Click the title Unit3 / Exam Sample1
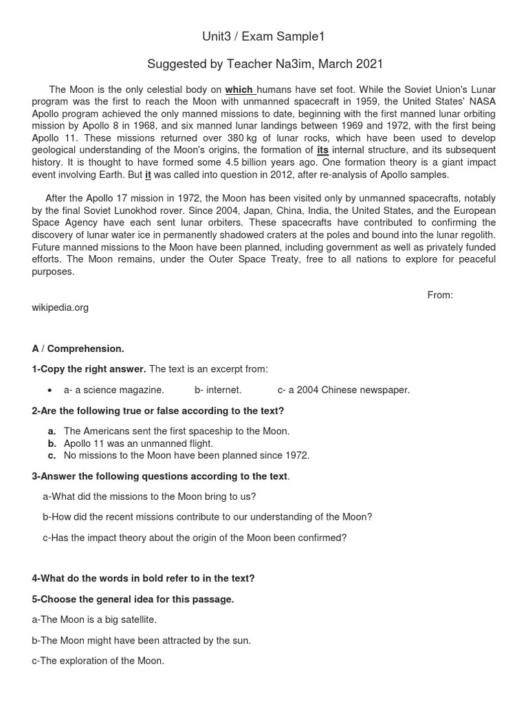pyautogui.click(x=265, y=36)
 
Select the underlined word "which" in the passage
pyautogui.click(x=239, y=90)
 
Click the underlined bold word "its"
pyautogui.click(x=322, y=150)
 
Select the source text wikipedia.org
pyautogui.click(x=60, y=307)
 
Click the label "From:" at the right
pyautogui.click(x=440, y=295)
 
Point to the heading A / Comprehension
pyautogui.click(x=78, y=349)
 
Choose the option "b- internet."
pyautogui.click(x=218, y=390)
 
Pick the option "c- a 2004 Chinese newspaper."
pyautogui.click(x=343, y=390)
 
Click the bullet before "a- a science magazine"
pyautogui.click(x=50, y=390)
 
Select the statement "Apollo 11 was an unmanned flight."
pyautogui.click(x=138, y=443)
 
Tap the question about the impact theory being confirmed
pyautogui.click(x=195, y=538)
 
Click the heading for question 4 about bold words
pyautogui.click(x=143, y=578)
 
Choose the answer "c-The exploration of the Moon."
pyautogui.click(x=98, y=661)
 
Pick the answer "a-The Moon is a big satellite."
pyautogui.click(x=94, y=619)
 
